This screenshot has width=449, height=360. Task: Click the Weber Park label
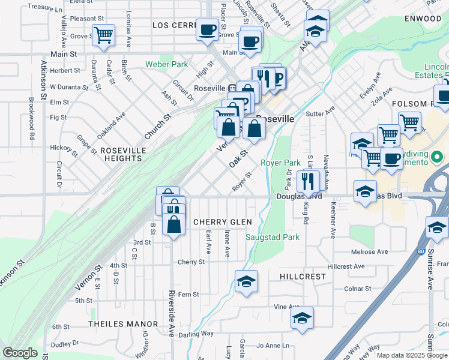[x=166, y=64]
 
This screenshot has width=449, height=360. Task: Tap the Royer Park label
[x=280, y=163]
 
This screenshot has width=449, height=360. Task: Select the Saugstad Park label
[x=273, y=237]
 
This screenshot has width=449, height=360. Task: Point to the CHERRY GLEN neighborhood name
[x=217, y=222]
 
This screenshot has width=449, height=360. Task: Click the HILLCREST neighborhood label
[x=303, y=277]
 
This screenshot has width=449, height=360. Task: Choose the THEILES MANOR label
[x=123, y=324]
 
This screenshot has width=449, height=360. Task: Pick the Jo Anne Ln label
[x=273, y=346]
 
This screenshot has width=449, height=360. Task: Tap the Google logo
[x=20, y=353]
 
